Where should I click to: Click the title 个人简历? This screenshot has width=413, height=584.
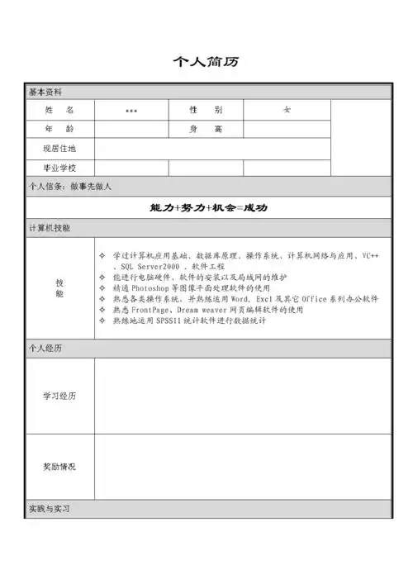(x=206, y=63)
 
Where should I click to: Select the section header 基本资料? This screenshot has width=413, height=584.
(x=45, y=92)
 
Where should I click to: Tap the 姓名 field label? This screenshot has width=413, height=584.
(x=59, y=110)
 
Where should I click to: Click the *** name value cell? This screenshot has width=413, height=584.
(x=131, y=111)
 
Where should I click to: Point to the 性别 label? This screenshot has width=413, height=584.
(x=206, y=110)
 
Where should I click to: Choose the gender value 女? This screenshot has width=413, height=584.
(x=287, y=110)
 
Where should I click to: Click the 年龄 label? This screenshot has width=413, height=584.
(x=59, y=129)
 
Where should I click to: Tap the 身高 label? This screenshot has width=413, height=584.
(x=206, y=129)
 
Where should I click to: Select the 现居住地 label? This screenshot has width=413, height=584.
(x=59, y=149)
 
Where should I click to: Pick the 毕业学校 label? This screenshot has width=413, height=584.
(x=59, y=168)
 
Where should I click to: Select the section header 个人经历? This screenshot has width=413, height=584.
(x=45, y=349)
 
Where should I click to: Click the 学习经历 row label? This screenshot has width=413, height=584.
(x=59, y=396)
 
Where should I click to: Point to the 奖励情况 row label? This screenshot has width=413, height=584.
(x=59, y=467)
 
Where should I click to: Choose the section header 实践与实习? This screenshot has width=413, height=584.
(x=50, y=509)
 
